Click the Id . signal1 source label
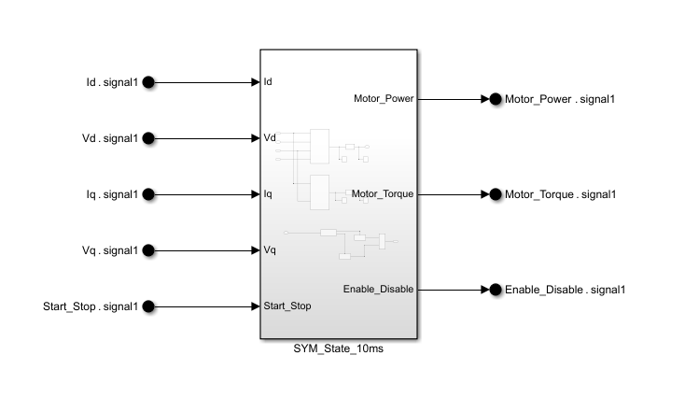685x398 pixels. (111, 82)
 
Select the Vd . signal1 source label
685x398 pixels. (110, 138)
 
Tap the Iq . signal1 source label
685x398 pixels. (111, 194)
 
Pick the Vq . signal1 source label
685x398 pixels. (110, 250)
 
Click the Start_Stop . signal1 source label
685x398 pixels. (91, 306)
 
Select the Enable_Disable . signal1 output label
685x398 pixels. (565, 290)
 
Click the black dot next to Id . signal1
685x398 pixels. (147, 82)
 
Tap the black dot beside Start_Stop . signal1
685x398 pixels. (147, 306)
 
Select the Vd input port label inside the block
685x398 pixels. (270, 138)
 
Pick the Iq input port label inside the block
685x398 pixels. (268, 194)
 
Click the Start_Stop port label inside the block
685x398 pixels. (287, 306)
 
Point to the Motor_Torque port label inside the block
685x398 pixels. (382, 194)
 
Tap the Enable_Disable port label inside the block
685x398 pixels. (378, 290)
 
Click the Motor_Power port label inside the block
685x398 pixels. (383, 99)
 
